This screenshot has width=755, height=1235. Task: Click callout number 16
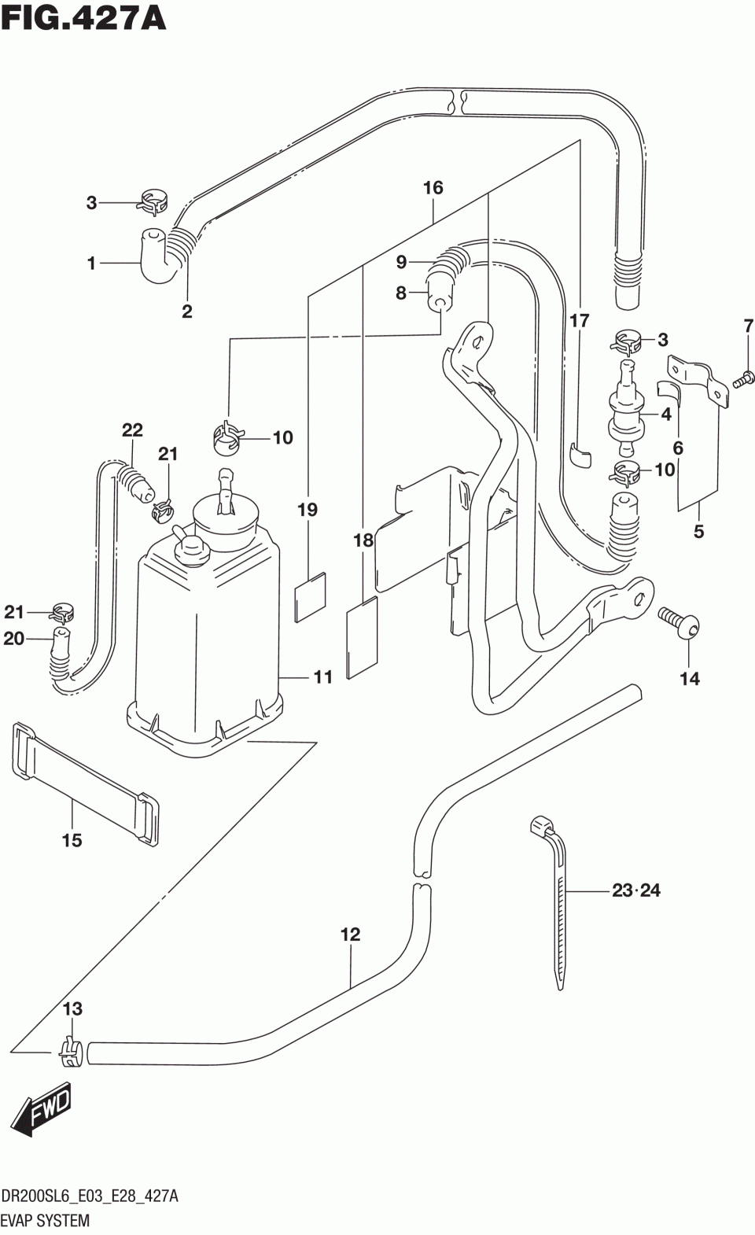[x=433, y=188]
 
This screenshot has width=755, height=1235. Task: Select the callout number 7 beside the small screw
[x=748, y=326]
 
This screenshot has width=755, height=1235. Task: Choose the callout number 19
[x=308, y=510]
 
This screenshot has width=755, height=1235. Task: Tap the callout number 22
[x=132, y=430]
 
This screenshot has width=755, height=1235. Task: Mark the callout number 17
[x=579, y=320]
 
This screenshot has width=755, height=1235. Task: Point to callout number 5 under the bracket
[x=699, y=532]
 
